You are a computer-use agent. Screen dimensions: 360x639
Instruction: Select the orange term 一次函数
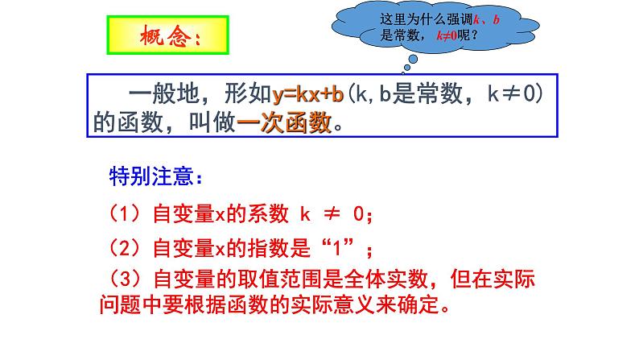286,122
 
